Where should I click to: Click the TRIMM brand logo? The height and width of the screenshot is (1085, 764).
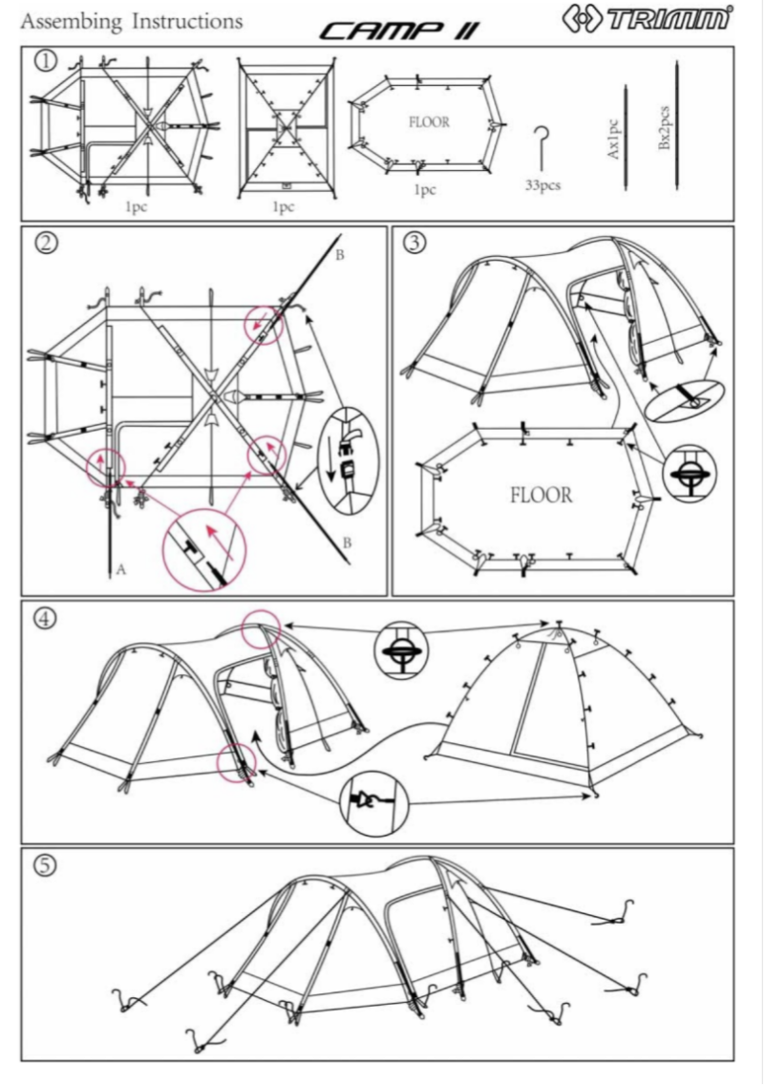(662, 20)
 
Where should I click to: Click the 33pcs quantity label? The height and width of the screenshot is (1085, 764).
(542, 184)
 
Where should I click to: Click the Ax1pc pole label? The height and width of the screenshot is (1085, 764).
(615, 139)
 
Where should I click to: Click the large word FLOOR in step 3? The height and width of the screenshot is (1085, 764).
(541, 496)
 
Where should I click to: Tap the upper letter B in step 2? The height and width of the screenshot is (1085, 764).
(341, 255)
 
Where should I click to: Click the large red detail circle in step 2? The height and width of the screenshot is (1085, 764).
(205, 551)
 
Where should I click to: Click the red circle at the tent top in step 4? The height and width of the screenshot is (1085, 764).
(261, 630)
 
